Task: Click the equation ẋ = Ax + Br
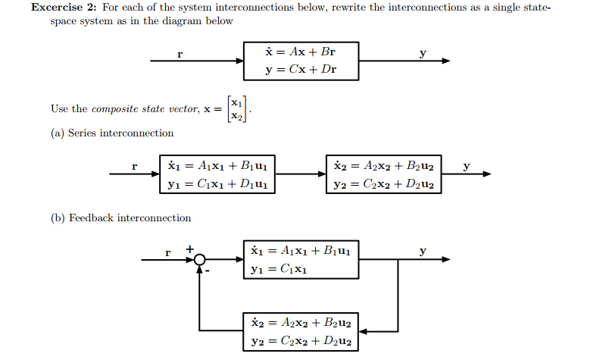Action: [301, 52]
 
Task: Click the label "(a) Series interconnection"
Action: [112, 133]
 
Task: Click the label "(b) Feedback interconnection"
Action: [120, 218]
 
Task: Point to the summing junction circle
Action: [200, 260]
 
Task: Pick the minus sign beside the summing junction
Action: [208, 271]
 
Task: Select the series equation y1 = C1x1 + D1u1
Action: [217, 183]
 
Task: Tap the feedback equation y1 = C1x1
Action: [277, 268]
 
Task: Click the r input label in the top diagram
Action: [180, 53]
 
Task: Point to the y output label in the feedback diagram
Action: [423, 251]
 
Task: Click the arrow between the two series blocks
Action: [299, 174]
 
